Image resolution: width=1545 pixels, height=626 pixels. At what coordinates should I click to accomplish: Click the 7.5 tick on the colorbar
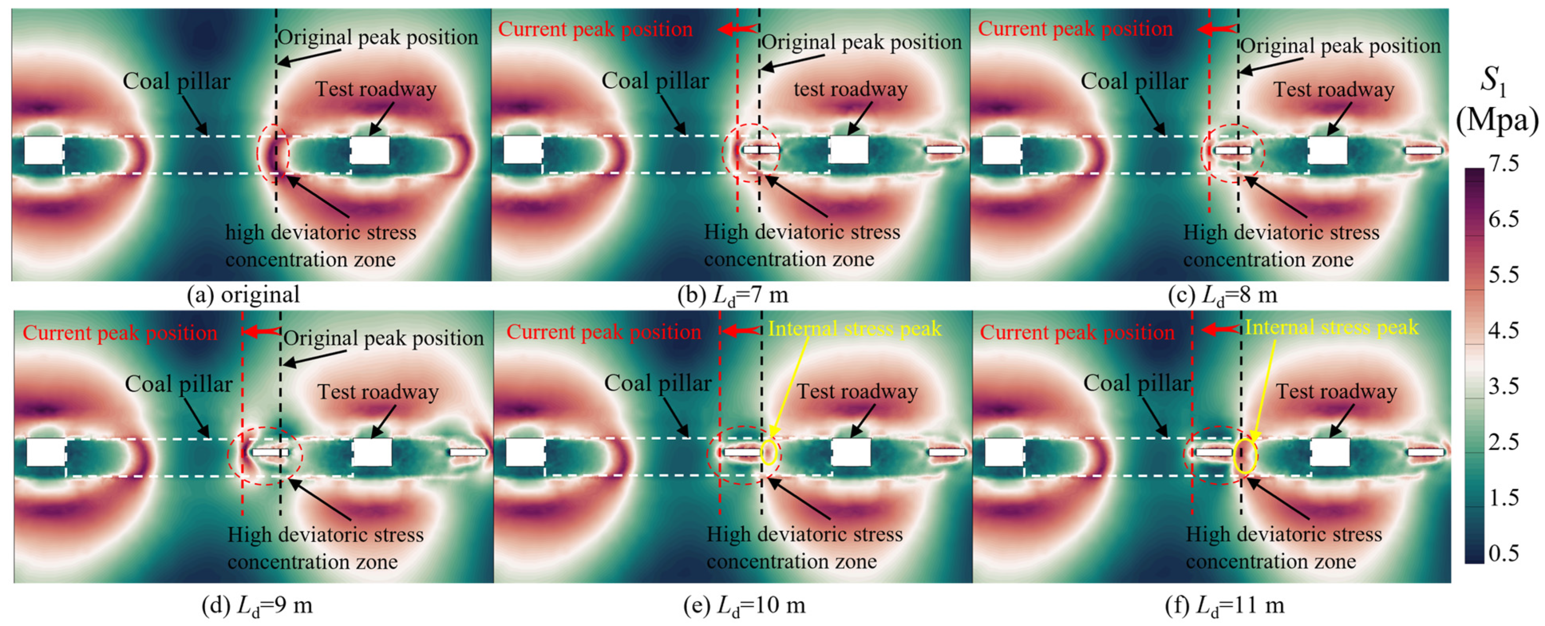point(1504,164)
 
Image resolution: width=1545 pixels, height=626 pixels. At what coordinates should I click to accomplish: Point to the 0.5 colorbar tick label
point(1504,552)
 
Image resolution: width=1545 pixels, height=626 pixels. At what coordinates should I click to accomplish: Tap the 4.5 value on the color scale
point(1504,330)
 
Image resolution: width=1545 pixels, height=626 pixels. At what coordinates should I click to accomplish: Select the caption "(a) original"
point(243,295)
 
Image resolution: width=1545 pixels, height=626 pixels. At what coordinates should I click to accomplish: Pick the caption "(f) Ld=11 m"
point(1225,606)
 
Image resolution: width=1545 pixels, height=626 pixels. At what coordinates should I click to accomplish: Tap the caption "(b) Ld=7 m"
point(733,295)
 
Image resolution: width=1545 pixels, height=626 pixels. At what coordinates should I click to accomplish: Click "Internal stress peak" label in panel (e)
point(855,329)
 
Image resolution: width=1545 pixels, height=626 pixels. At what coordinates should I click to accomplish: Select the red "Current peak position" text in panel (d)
point(120,333)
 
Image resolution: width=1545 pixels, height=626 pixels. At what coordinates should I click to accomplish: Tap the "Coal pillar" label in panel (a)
point(176,81)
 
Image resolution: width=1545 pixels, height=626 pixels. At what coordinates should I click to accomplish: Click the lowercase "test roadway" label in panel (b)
point(850,89)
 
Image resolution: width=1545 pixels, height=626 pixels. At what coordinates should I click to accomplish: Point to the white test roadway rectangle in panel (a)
point(370,150)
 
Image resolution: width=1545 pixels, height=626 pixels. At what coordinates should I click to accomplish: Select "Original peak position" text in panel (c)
point(1341,46)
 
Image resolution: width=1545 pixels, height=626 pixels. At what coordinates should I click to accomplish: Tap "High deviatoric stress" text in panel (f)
point(1284,534)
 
